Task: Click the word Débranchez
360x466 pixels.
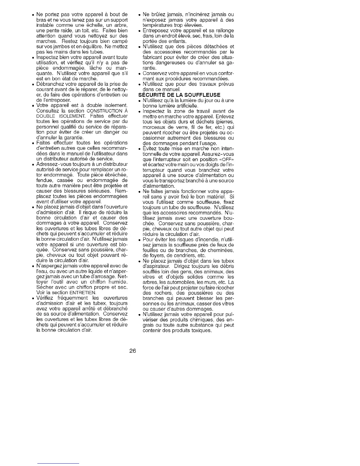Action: click(49, 84)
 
